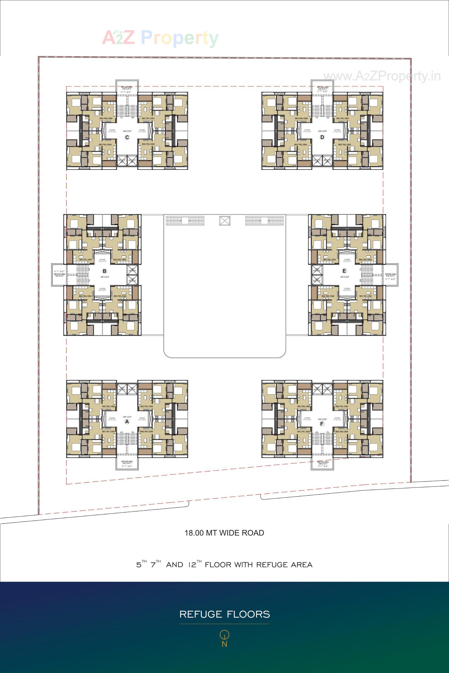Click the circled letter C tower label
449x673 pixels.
[127, 137]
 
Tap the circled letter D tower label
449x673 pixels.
[322, 137]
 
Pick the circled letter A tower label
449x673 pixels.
[127, 422]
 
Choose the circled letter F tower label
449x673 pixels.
[322, 424]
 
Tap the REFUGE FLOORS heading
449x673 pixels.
[224, 614]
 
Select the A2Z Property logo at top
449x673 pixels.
[160, 38]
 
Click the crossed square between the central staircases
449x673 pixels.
[225, 221]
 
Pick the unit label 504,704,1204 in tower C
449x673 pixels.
[106, 118]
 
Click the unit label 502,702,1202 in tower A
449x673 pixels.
[109, 406]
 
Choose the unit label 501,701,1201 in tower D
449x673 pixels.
[342, 118]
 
